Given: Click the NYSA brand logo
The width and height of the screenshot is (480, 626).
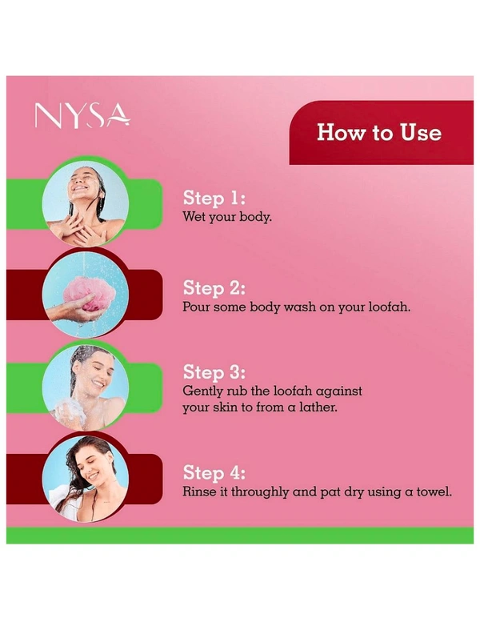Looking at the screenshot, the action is (x=82, y=116).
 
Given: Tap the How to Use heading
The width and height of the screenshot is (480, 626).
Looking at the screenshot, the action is (x=379, y=133).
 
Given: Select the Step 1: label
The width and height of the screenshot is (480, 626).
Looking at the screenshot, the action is (x=214, y=198).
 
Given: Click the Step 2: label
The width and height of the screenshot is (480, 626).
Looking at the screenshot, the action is (x=214, y=288).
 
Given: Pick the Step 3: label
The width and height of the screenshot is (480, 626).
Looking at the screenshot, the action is (x=214, y=372).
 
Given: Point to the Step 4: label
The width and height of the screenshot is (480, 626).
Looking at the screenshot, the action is (x=214, y=472).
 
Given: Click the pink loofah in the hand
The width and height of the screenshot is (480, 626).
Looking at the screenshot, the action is (x=90, y=295).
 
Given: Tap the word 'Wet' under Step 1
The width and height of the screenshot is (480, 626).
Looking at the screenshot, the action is (x=194, y=217).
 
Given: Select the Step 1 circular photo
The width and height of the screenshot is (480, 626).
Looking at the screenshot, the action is (x=86, y=203).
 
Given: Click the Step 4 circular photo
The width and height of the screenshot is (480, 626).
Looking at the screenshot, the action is (x=86, y=479).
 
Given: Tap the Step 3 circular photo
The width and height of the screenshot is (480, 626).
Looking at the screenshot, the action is (x=86, y=388).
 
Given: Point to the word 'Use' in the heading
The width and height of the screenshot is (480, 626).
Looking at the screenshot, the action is (x=421, y=133).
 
